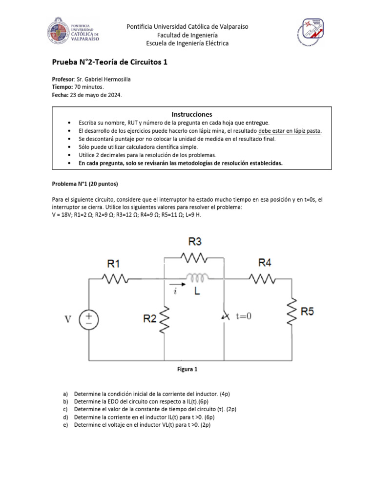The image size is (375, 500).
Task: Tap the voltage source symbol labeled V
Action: click(89, 319)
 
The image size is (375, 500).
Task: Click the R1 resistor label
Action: click(114, 264)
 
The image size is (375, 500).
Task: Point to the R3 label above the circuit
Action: click(194, 241)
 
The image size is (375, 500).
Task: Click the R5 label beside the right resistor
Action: click(307, 312)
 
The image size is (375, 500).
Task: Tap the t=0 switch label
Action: click(243, 316)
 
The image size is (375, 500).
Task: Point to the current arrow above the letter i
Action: click(175, 283)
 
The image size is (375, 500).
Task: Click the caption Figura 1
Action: click(187, 370)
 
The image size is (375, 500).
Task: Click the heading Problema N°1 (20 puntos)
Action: click(85, 184)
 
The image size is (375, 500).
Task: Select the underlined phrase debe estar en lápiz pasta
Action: click(290, 131)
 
